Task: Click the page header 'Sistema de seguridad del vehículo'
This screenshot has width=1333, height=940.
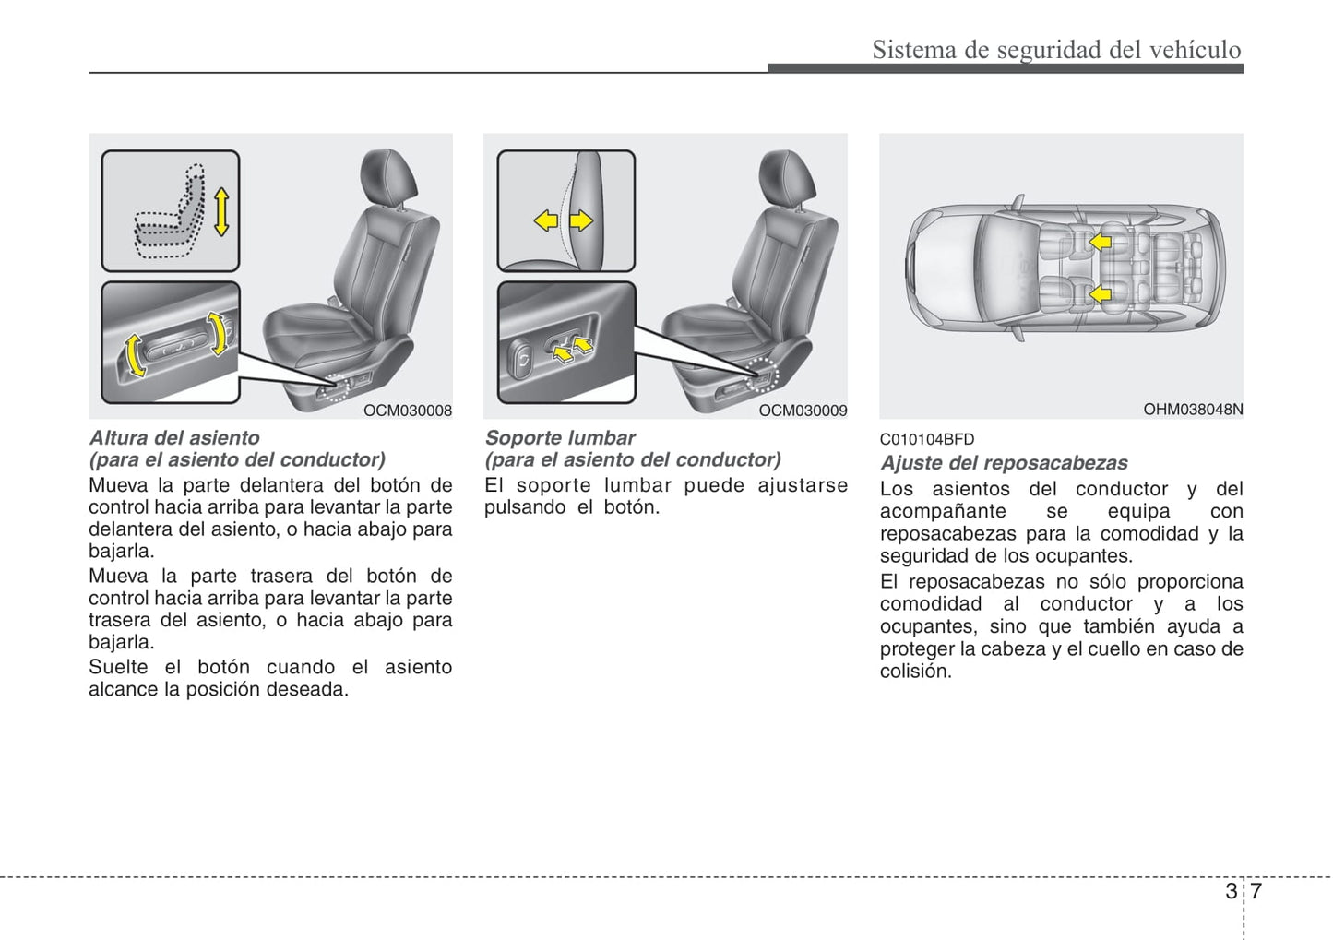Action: [1056, 49]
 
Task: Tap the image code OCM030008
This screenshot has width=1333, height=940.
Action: [407, 411]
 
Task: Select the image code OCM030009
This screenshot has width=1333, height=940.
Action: [803, 411]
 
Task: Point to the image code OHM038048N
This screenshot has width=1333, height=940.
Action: [1193, 409]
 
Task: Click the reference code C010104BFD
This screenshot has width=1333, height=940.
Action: [926, 440]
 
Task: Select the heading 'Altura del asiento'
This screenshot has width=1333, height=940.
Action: [174, 438]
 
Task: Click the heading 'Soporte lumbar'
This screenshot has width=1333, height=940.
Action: [560, 438]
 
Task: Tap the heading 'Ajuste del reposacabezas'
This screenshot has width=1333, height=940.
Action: [1004, 463]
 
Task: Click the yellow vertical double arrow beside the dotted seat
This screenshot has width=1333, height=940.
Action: [220, 211]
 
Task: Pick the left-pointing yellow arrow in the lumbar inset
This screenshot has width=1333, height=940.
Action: [546, 220]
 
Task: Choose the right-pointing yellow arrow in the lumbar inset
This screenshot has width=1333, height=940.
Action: [581, 220]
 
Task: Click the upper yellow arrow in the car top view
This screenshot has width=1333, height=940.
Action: [1099, 242]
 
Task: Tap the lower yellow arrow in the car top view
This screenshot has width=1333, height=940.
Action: [1099, 295]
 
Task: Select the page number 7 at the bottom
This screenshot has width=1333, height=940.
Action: [1256, 891]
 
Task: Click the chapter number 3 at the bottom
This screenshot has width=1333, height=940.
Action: [1231, 891]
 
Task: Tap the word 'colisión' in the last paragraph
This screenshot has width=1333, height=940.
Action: [915, 672]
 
